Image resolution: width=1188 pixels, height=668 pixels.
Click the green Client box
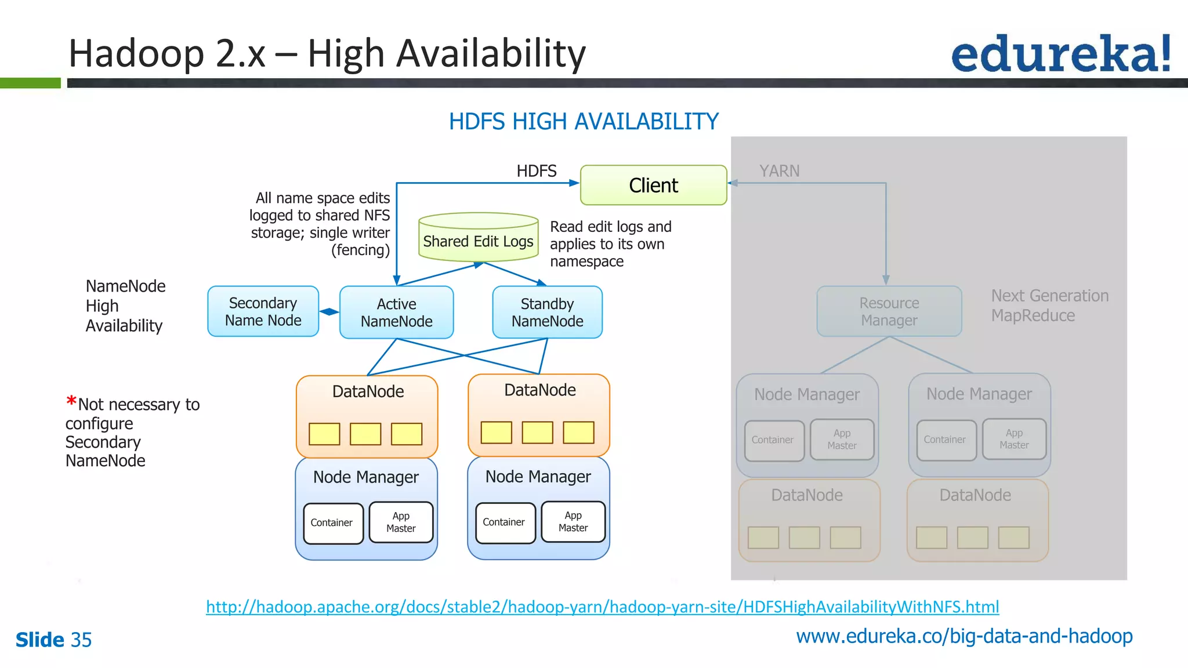653,185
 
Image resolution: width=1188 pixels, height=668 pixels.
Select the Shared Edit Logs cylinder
479,238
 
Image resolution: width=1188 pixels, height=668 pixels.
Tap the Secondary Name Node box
263,311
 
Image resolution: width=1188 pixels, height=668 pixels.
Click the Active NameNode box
396,313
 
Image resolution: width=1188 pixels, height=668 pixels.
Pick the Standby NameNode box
547,313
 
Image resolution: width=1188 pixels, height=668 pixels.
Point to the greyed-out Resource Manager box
889,311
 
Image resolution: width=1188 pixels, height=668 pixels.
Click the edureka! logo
1061,53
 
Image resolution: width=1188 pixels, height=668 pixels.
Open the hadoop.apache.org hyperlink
602,607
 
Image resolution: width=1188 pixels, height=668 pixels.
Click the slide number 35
81,640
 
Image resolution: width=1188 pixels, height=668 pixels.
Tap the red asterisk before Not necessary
71,401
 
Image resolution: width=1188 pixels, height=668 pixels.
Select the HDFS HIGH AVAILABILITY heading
584,122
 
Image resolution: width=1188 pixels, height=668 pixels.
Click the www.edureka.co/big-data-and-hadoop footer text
964,637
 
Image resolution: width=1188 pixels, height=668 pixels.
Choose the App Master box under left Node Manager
401,522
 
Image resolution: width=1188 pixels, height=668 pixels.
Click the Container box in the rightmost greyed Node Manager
945,440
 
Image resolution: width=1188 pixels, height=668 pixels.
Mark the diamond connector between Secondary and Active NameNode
329,312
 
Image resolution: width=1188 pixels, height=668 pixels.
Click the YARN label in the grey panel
779,171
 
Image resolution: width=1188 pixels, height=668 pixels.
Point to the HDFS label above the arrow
536,171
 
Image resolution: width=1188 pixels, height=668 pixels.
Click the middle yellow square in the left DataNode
365,434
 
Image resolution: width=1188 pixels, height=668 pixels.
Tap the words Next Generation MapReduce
1049,306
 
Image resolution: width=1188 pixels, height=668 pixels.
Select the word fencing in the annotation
360,251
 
